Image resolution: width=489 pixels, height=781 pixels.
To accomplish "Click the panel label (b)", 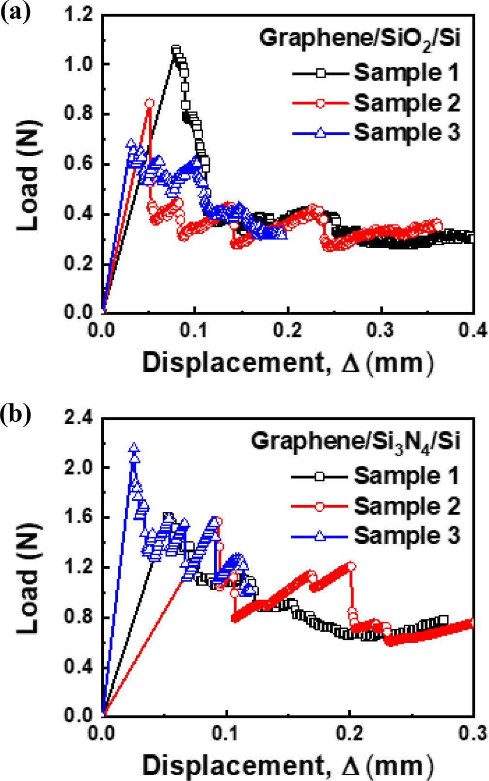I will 15,415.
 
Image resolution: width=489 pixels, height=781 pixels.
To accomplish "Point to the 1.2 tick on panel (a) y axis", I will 79,15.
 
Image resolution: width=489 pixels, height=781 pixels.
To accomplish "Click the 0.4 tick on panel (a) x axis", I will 473,331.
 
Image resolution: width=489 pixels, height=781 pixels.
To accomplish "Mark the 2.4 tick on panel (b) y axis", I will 79,418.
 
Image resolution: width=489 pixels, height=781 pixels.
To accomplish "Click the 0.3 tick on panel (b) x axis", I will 473,733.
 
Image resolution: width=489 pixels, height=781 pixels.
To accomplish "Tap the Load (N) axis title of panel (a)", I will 28,175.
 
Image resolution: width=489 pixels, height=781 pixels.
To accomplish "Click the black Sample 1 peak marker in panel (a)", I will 176,50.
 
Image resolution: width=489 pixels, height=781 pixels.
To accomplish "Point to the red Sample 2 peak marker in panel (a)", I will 149,103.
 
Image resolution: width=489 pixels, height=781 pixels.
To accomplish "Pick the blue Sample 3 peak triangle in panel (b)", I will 134,447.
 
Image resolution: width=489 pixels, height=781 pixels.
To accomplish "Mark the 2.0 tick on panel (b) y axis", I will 79,467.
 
